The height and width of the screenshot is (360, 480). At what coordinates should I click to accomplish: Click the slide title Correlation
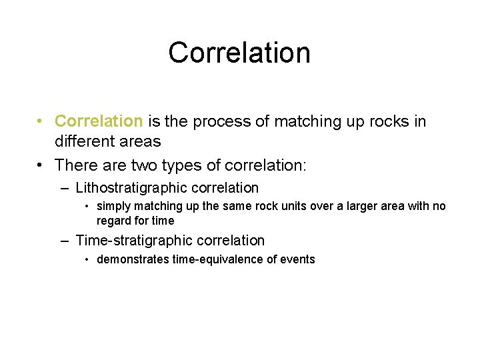coord(239,53)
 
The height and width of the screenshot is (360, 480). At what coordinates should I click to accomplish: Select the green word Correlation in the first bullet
coord(99,121)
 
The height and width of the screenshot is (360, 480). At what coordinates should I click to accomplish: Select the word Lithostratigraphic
coord(131,189)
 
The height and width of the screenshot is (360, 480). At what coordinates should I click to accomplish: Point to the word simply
coord(114,206)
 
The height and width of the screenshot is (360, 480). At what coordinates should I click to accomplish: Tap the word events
coord(297,259)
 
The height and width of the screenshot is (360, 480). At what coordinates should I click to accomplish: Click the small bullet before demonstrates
coord(87,260)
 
